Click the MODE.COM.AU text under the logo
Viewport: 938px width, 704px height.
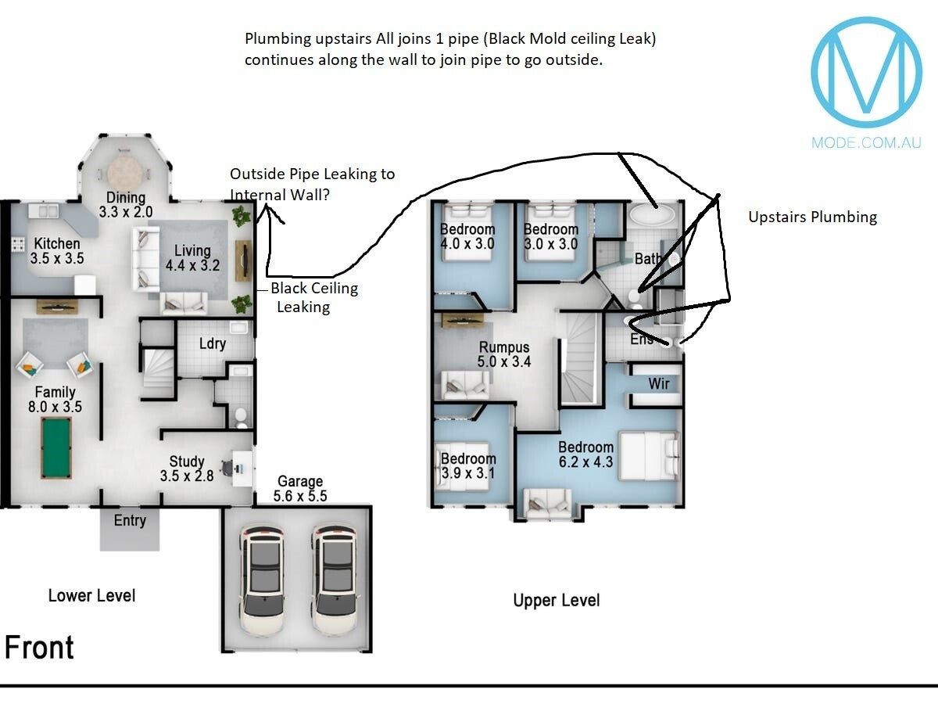[866, 142]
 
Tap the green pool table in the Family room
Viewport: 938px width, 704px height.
[55, 447]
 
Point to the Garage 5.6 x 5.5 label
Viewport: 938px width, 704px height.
[300, 489]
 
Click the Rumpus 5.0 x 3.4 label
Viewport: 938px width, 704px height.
[504, 354]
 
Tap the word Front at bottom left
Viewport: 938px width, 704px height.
[39, 648]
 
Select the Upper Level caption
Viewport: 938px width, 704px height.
[557, 601]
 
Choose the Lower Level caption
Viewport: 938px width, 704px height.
[91, 596]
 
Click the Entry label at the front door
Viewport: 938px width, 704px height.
[130, 520]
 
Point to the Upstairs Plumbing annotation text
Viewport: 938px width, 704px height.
[812, 217]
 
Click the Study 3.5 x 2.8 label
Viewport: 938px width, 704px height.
[187, 469]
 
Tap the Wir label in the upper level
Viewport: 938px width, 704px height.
[658, 384]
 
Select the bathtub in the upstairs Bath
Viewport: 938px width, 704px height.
[653, 216]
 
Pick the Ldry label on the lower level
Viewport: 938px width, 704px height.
[213, 343]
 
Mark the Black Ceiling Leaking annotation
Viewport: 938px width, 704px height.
[313, 297]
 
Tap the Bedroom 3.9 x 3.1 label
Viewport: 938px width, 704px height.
[467, 466]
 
